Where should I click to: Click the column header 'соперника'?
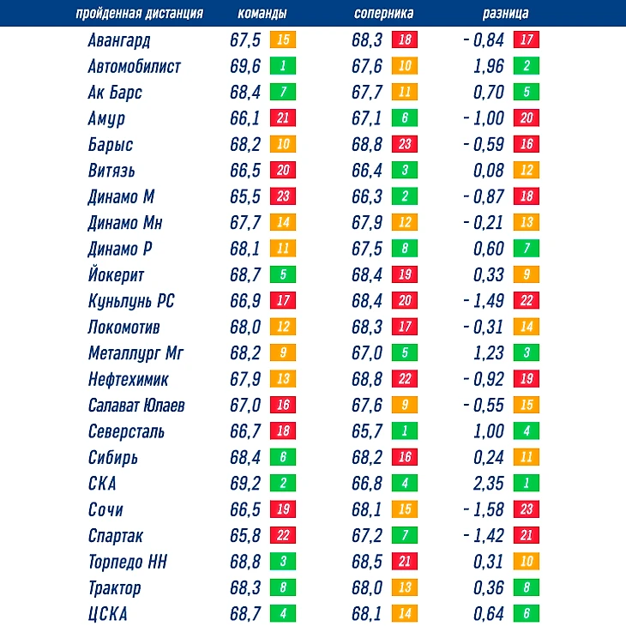pyautogui.click(x=383, y=14)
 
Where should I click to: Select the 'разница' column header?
pyautogui.click(x=505, y=14)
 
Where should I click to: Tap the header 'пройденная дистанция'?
pyautogui.click(x=139, y=14)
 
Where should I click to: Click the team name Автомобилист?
pyautogui.click(x=134, y=67)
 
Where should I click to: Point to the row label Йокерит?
pyautogui.click(x=116, y=275)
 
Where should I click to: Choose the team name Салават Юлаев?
pyautogui.click(x=135, y=406)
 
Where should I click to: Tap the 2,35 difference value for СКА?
pyautogui.click(x=489, y=484)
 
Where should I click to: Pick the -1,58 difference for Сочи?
pyautogui.click(x=484, y=510)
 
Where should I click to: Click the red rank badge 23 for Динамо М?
pyautogui.click(x=283, y=197)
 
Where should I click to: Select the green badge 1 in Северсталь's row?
pyautogui.click(x=405, y=431)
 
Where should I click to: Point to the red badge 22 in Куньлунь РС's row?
pyautogui.click(x=526, y=302)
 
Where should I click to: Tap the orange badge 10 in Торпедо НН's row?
pyautogui.click(x=526, y=562)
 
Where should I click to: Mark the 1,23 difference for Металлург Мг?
pyautogui.click(x=489, y=353)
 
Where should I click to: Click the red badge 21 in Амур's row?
pyautogui.click(x=283, y=119)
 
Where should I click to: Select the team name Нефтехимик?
pyautogui.click(x=128, y=379)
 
